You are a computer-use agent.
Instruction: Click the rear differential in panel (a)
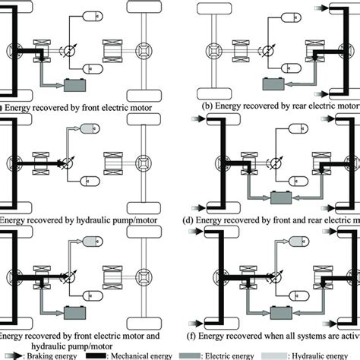pos(142,52)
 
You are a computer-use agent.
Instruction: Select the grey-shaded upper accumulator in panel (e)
pos(90,241)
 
